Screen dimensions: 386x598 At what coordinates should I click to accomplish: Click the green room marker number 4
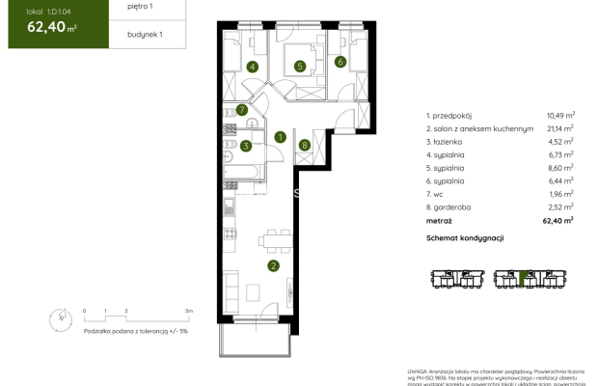(x=252, y=67)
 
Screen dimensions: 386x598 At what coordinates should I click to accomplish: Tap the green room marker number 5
(x=300, y=67)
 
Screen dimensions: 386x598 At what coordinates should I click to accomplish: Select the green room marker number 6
(x=340, y=62)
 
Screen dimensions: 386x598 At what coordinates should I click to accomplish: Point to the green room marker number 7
(x=243, y=110)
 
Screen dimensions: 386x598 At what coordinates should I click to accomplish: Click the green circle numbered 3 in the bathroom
(x=247, y=146)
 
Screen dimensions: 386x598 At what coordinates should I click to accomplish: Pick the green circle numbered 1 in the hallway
(x=280, y=137)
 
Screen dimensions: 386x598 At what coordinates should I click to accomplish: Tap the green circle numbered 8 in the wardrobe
(x=305, y=146)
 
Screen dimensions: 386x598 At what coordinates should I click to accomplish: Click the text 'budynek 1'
(x=119, y=35)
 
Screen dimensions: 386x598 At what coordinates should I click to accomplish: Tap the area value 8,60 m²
(x=560, y=167)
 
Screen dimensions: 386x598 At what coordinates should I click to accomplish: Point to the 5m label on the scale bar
(x=190, y=312)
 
